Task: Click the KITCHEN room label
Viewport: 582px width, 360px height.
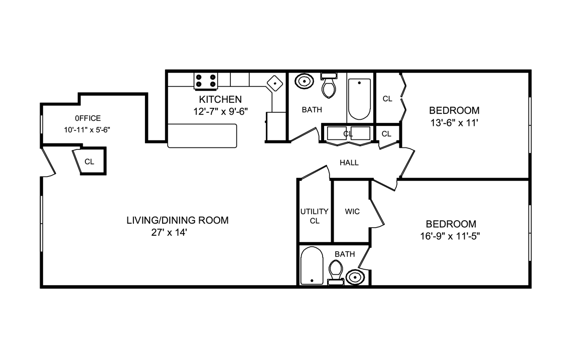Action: coord(220,99)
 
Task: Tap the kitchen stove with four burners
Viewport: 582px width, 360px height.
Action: coord(206,80)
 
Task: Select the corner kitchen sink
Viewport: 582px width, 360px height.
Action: coord(275,83)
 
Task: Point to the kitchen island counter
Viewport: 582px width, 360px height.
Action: coord(202,135)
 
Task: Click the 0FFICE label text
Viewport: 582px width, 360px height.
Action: coord(88,118)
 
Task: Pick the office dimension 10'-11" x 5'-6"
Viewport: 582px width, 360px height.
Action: coord(87,129)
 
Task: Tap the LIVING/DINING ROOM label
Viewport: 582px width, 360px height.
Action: coord(177,220)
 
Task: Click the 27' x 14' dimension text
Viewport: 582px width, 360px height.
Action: coord(169,232)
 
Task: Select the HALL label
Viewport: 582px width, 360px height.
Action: coord(349,162)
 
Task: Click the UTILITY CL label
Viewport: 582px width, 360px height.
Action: coord(314,216)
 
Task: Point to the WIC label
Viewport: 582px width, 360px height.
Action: coord(352,212)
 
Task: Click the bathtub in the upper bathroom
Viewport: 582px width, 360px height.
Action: coord(359,99)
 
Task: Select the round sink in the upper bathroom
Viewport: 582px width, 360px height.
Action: coord(304,81)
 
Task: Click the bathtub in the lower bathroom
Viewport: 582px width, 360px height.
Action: coord(312,265)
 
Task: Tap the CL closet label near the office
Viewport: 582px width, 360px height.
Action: coord(89,161)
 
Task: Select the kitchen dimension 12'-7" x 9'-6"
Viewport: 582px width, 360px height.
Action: coord(220,111)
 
